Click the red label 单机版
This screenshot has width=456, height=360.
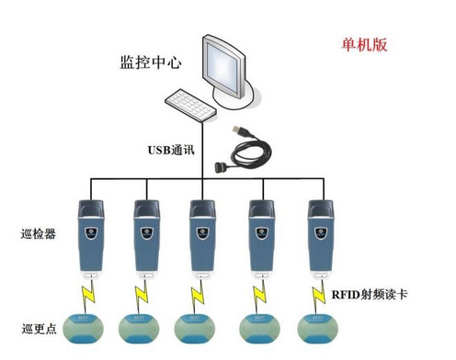tap(365, 45)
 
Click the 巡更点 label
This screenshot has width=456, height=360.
tap(38, 328)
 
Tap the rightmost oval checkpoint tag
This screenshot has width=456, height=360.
tap(318, 327)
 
